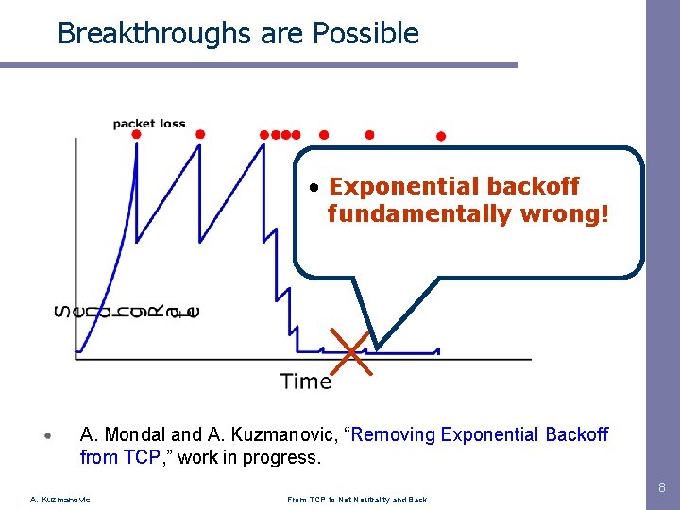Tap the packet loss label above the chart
click(x=149, y=124)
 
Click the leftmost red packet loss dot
click(x=136, y=135)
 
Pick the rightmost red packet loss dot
click(x=440, y=136)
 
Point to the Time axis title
click(x=306, y=382)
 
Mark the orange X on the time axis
click(x=351, y=352)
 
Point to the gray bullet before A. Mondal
click(x=48, y=436)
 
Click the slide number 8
click(x=660, y=488)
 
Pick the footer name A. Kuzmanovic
click(x=60, y=500)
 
